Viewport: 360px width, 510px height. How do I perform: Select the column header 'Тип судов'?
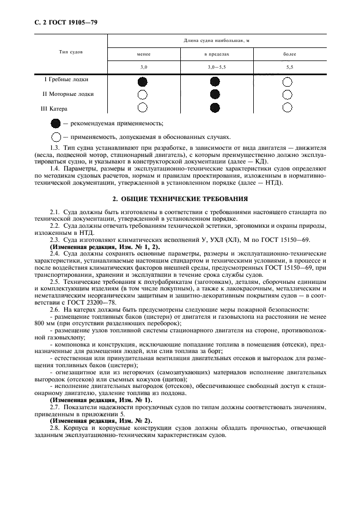point(71,52)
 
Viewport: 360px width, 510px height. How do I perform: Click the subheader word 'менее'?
point(143,54)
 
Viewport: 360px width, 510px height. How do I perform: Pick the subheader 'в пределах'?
point(215,54)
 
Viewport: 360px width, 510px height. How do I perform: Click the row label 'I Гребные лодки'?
point(66,80)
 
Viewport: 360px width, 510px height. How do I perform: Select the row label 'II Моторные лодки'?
point(68,94)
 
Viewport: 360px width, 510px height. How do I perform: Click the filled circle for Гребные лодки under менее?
point(143,82)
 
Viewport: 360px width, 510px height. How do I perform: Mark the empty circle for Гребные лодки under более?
point(288,82)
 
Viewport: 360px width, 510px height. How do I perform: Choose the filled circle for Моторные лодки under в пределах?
point(215,94)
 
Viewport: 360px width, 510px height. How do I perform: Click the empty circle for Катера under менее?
point(143,107)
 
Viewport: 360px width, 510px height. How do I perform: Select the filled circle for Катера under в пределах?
point(215,107)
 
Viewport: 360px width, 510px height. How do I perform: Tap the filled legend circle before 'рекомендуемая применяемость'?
point(56,123)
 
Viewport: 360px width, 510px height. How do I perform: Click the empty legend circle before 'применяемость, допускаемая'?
point(56,137)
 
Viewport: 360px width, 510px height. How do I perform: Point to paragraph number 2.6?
point(55,309)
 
